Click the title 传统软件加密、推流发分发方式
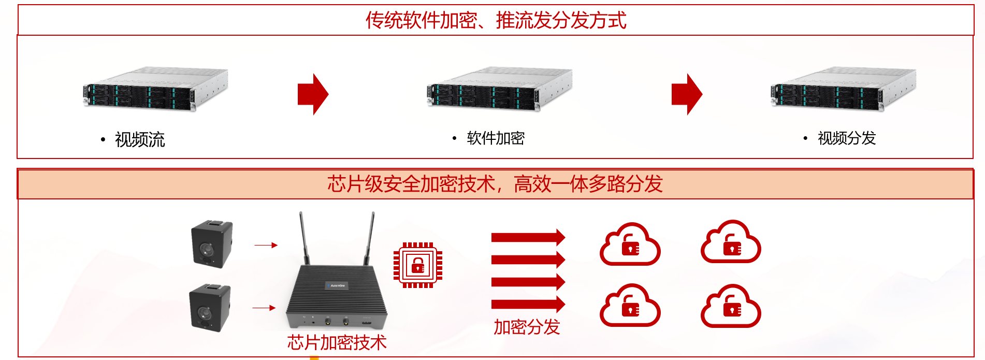pos(496,20)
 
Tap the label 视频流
pos(140,139)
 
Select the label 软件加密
pos(496,138)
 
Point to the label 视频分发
pos(847,138)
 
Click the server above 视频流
pos(155,89)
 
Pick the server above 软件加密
pos(499,89)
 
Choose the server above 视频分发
pos(843,89)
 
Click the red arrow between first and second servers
pos(313,94)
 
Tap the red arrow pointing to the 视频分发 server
pos(687,94)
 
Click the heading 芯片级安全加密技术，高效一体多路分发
pos(495,184)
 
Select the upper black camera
pos(212,243)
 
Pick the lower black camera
pos(210,307)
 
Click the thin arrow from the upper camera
pos(266,245)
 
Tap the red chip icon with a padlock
pos(418,265)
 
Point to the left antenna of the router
pos(304,238)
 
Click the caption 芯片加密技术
pos(337,342)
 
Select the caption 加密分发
pos(527,327)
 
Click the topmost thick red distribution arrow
pos(528,237)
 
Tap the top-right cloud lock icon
pos(731,242)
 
